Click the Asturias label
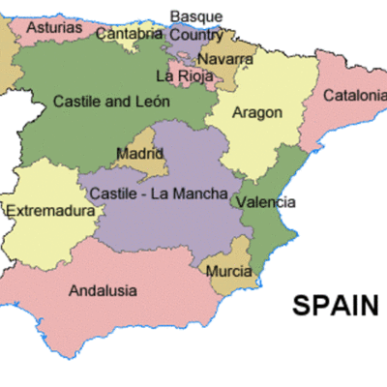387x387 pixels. click(x=54, y=28)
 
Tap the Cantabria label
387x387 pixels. click(x=130, y=34)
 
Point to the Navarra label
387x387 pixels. click(x=225, y=59)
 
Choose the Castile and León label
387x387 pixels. click(x=111, y=101)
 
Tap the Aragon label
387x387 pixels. click(x=257, y=112)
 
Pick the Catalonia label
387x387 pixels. click(x=354, y=96)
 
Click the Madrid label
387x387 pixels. click(x=139, y=154)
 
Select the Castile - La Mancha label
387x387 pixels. click(x=158, y=193)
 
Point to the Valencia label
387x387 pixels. click(x=265, y=203)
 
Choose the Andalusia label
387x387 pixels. click(x=103, y=290)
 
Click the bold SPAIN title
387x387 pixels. click(x=336, y=306)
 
